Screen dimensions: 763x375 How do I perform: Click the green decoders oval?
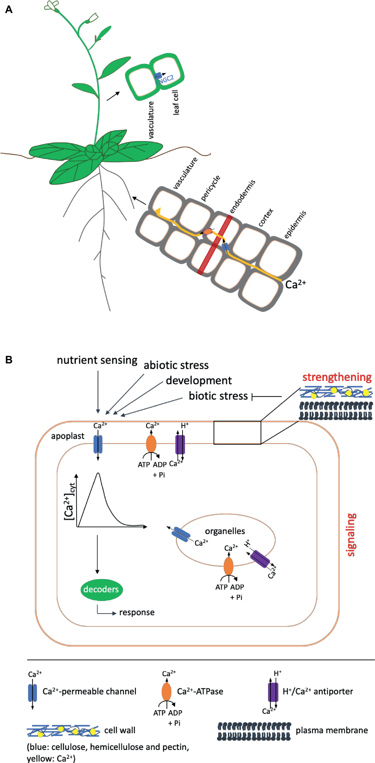click(101, 589)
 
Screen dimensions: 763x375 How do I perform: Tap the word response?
click(137, 612)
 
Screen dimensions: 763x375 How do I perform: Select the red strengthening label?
click(337, 377)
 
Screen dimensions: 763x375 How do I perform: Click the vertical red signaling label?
click(351, 535)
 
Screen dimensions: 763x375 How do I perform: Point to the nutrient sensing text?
click(97, 360)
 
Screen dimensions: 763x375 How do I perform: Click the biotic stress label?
click(218, 396)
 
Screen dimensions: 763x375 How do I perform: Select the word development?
click(199, 380)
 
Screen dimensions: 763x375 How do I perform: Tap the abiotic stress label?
click(176, 365)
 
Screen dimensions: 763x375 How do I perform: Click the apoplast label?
click(68, 436)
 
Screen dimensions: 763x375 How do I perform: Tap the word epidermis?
click(295, 224)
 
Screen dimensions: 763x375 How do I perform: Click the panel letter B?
click(9, 360)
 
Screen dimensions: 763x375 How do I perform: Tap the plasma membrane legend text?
click(331, 730)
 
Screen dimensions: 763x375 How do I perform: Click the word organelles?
click(225, 531)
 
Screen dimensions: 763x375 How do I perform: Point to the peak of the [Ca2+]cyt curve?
click(98, 473)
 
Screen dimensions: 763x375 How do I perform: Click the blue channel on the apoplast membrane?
click(98, 444)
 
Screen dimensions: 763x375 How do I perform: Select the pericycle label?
click(211, 188)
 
